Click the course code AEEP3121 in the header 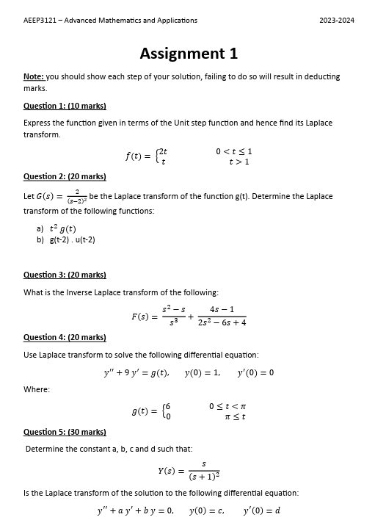pos(41,20)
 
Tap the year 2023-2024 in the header pos(337,20)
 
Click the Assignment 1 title pos(189,54)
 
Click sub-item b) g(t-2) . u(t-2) pos(66,239)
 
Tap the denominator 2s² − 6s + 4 pos(222,322)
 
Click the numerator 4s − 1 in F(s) pos(222,309)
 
